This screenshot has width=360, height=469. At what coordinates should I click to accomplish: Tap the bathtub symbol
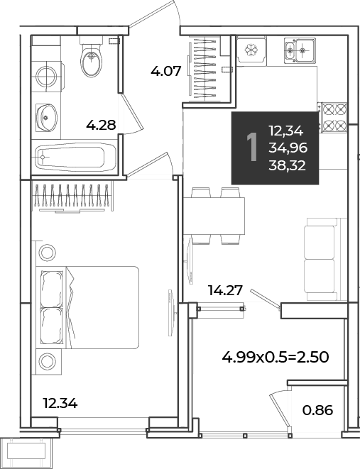click(76, 157)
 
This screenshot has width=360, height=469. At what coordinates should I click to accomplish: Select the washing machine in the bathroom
click(48, 76)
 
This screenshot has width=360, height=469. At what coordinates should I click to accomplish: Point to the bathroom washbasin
click(46, 118)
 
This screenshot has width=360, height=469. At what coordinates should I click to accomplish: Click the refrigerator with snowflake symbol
click(251, 50)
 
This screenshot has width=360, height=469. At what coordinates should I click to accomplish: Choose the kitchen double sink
click(300, 50)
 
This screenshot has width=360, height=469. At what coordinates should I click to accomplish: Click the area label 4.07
click(166, 72)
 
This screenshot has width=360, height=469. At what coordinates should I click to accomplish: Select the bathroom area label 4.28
click(101, 125)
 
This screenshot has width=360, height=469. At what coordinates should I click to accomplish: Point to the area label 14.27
click(225, 290)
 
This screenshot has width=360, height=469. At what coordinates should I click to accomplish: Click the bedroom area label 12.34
click(60, 404)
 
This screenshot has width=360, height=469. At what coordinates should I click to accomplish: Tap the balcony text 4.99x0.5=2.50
click(276, 357)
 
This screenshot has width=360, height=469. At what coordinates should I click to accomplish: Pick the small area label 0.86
click(317, 410)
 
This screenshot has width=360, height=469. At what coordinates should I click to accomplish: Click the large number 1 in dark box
click(252, 148)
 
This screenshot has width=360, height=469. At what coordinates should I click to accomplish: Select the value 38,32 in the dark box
click(288, 165)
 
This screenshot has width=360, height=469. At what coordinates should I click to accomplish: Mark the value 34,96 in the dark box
click(288, 148)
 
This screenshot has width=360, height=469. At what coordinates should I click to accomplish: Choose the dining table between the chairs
click(214, 216)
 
